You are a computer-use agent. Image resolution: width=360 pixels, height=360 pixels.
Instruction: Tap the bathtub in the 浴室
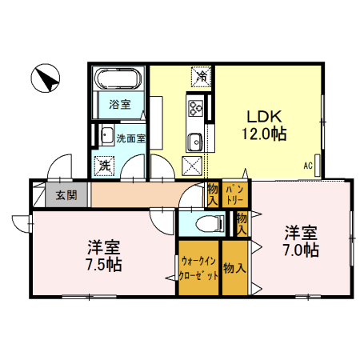click(118, 81)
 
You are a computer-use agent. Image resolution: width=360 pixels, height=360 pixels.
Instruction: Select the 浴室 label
click(119, 103)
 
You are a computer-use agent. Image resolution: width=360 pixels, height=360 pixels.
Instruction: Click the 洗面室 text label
click(130, 138)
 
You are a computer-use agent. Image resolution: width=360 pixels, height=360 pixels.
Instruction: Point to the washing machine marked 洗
click(104, 166)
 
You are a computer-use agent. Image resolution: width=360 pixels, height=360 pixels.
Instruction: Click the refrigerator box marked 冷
click(201, 78)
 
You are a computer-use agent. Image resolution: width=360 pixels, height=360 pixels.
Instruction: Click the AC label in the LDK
click(307, 166)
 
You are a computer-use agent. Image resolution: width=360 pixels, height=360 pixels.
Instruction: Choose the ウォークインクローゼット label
click(198, 268)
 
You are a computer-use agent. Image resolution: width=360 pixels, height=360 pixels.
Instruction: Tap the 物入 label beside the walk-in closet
click(234, 269)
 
